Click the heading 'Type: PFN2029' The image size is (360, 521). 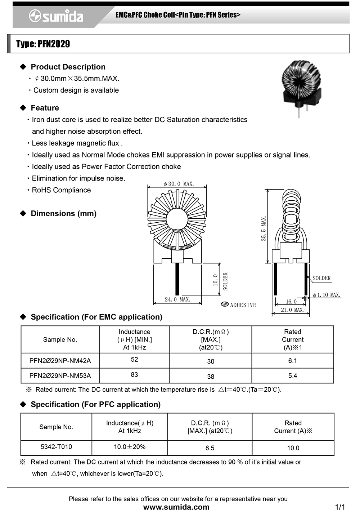point(43,44)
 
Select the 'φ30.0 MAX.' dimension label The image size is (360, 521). point(179,184)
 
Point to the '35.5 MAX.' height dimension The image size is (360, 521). point(264,228)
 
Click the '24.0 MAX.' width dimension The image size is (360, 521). point(177,299)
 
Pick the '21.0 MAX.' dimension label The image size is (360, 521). point(292,310)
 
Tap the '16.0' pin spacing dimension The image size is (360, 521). point(291,302)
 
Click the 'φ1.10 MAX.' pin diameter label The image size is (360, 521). point(327,295)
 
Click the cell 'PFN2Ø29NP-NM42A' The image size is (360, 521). point(60,361)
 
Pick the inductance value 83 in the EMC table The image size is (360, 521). point(134,375)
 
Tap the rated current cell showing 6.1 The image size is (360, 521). point(293,361)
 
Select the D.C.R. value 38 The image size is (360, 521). point(211,377)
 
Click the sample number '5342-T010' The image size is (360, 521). point(56,447)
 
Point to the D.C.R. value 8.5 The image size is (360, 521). point(210,448)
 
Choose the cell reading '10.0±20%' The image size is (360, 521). point(130,447)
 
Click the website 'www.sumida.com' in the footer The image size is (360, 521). point(176,507)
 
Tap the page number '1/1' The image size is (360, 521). point(340,507)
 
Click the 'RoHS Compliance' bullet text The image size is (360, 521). point(61,190)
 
